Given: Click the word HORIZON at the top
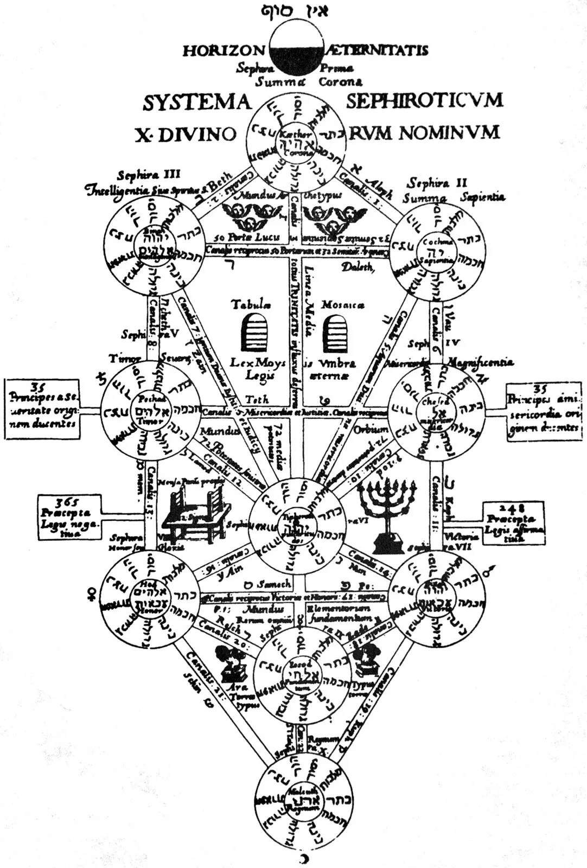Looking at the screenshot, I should point(223,51).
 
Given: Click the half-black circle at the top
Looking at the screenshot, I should point(296,49).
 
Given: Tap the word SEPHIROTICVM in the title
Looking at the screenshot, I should point(424,100).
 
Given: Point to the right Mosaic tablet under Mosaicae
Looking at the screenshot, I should point(335,334).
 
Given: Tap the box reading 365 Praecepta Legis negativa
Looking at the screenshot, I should point(69,517).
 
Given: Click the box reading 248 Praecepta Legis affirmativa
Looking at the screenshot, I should point(513,522).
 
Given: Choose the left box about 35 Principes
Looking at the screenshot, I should point(42,409).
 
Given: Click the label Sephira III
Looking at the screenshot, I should point(149,175).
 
